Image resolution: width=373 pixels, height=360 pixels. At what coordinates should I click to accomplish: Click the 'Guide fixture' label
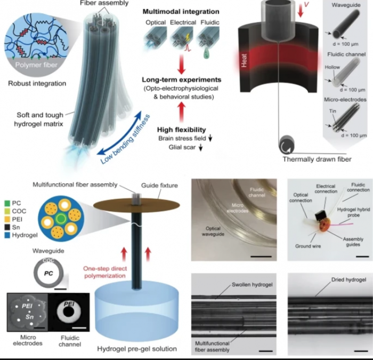tap(156, 186)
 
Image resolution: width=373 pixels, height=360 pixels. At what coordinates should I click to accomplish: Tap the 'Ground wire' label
tap(309, 246)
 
